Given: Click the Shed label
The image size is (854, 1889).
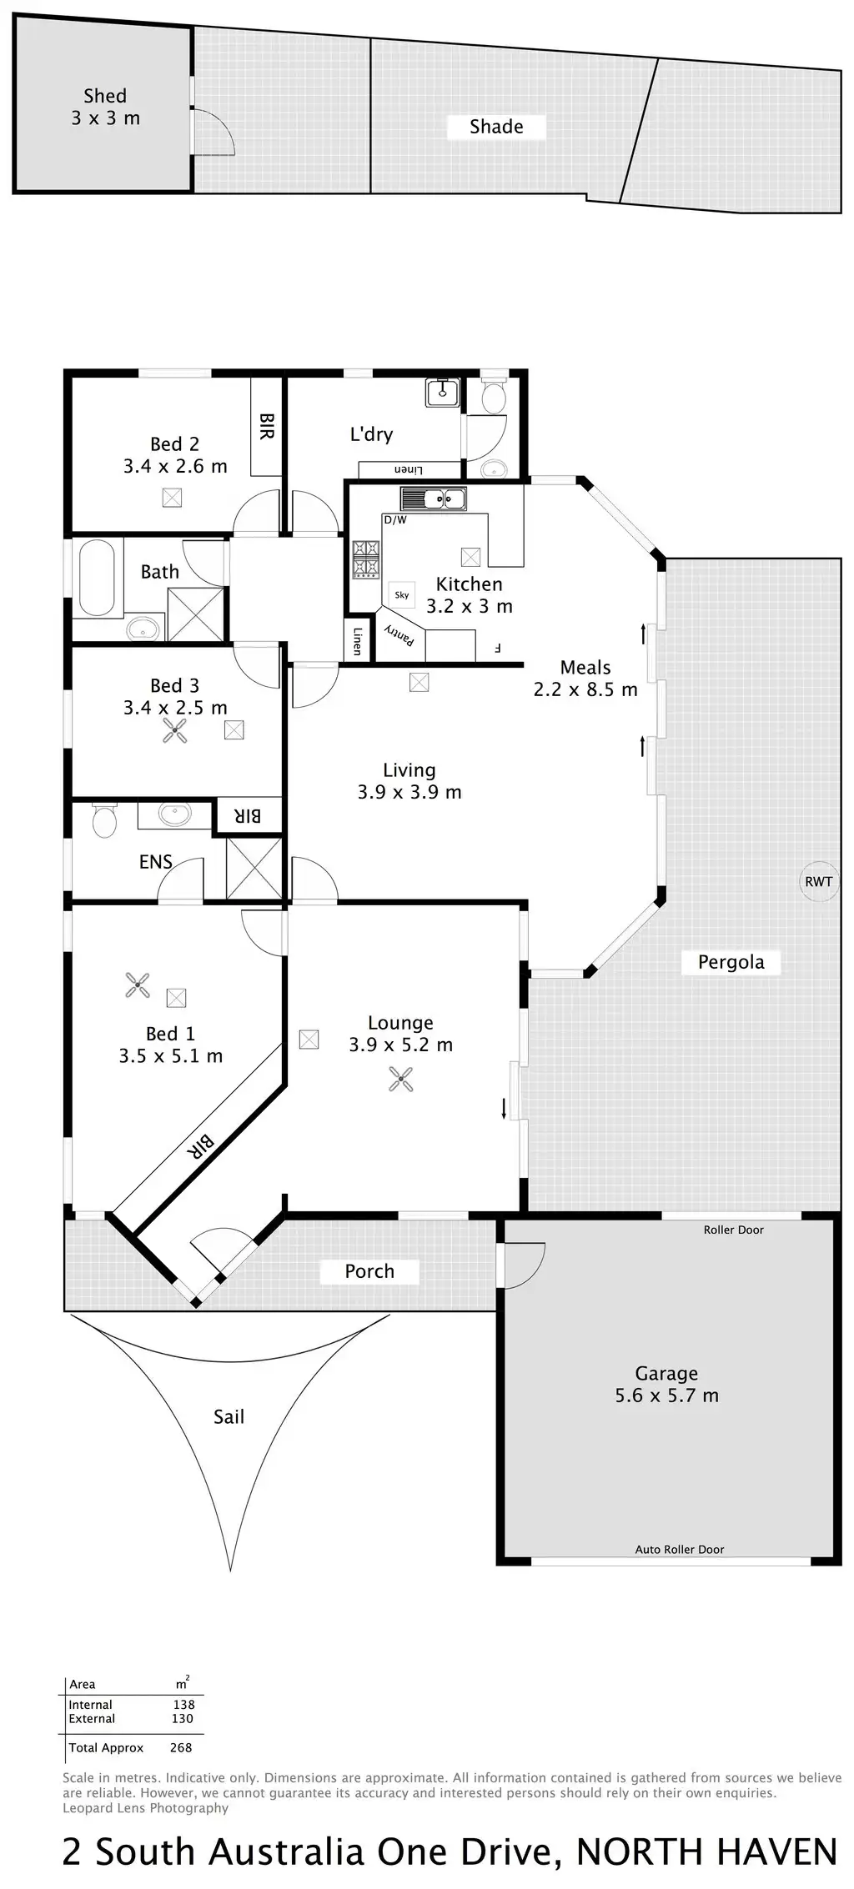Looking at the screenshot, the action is pos(105,97).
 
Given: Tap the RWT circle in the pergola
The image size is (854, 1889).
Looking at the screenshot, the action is pos(818,881).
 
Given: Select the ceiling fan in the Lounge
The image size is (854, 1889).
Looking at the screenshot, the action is pos(401,1080).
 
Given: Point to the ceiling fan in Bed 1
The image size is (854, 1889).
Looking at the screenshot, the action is pos(138,985).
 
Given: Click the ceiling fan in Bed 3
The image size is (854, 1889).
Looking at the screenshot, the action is pos(175,731).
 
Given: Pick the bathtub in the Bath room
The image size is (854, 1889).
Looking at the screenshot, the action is pos(97,578).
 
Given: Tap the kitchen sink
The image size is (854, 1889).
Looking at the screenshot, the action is pos(433,499).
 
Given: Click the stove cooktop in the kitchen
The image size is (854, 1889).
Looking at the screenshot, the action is pos(365,559).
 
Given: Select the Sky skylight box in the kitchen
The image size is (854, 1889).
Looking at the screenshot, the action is pos(402,594).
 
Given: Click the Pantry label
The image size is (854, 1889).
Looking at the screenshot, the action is pos(399,636).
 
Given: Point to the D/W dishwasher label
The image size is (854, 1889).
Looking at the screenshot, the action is pos(395,520).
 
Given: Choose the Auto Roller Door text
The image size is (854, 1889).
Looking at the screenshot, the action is pos(680,1550).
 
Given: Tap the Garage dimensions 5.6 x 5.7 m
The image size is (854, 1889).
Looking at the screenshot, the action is pos(666,1395).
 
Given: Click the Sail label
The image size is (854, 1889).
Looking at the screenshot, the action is pos(229,1416).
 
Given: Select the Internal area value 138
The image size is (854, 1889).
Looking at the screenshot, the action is pos(183,1705).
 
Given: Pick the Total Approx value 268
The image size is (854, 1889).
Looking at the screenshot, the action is pos(180,1747).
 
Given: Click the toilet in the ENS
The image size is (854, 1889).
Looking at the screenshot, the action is pos(104,820).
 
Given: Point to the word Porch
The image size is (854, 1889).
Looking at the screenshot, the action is pos(369,1271).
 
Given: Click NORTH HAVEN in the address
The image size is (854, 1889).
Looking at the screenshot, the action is pos(706,1851).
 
